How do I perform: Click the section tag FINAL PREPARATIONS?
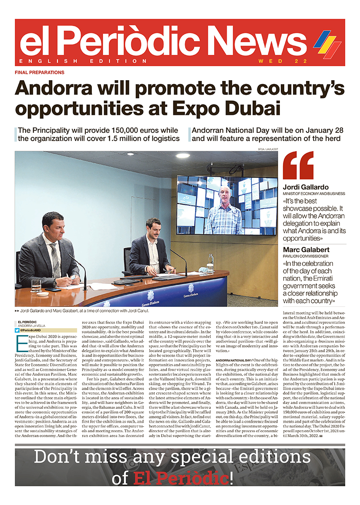(x=40, y=72)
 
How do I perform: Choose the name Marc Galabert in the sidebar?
(x=306, y=250)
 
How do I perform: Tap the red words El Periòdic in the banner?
(x=182, y=478)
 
